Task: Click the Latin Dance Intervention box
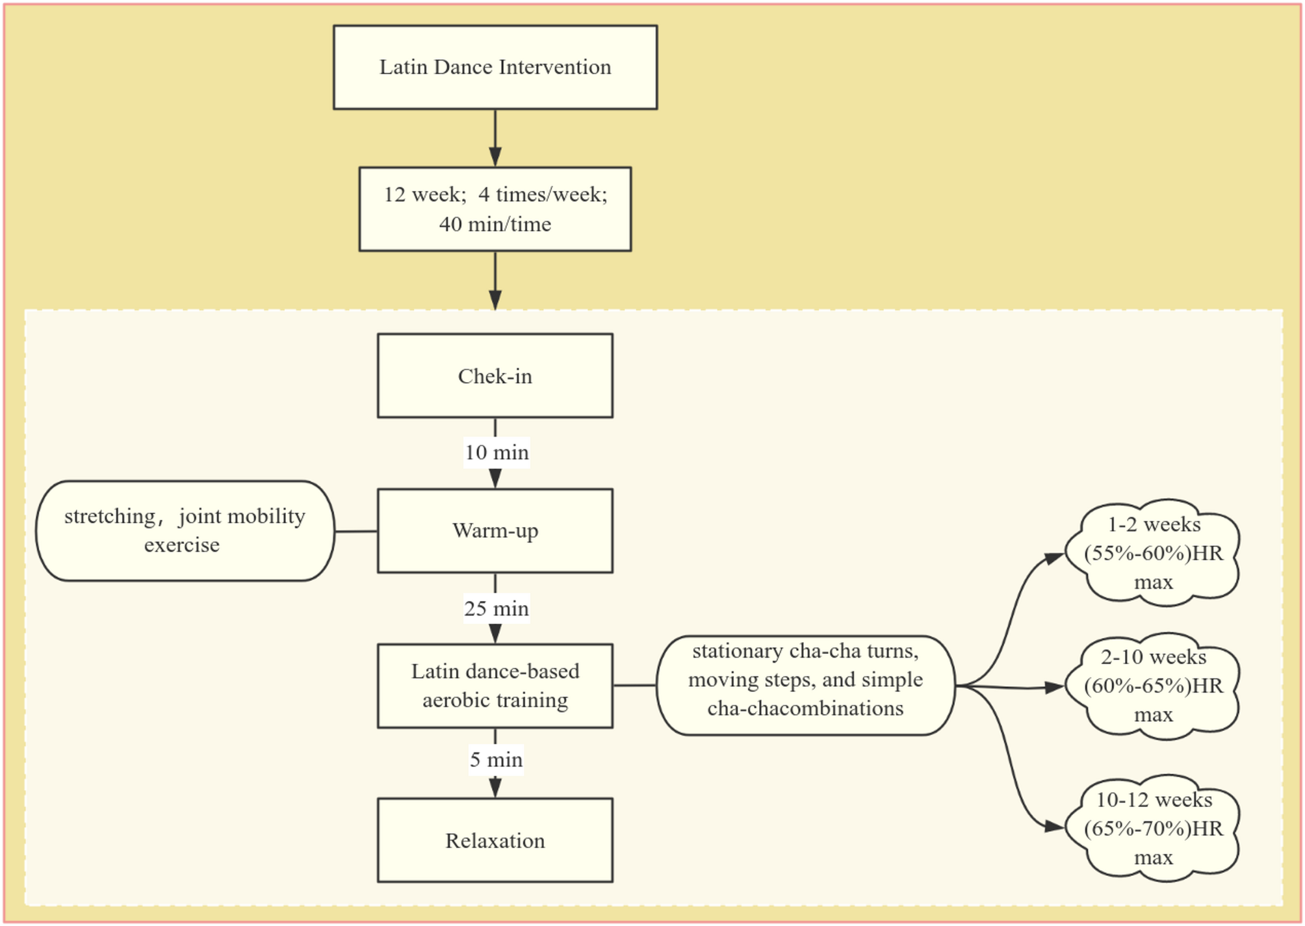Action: (495, 68)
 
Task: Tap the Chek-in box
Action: (495, 376)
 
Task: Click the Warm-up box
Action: (495, 531)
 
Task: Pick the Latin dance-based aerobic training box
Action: (495, 686)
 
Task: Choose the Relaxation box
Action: (495, 840)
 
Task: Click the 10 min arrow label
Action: (497, 452)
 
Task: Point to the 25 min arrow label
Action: (497, 608)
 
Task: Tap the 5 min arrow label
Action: (497, 760)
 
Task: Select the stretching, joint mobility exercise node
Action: (185, 531)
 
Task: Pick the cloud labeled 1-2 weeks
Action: (1153, 553)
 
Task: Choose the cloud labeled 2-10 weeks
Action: (1153, 686)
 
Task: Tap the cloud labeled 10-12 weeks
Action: (1153, 829)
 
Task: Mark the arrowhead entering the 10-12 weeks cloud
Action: (1054, 827)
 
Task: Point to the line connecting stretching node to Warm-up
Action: (356, 531)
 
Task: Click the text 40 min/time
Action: (495, 224)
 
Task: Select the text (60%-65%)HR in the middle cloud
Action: (1153, 686)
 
